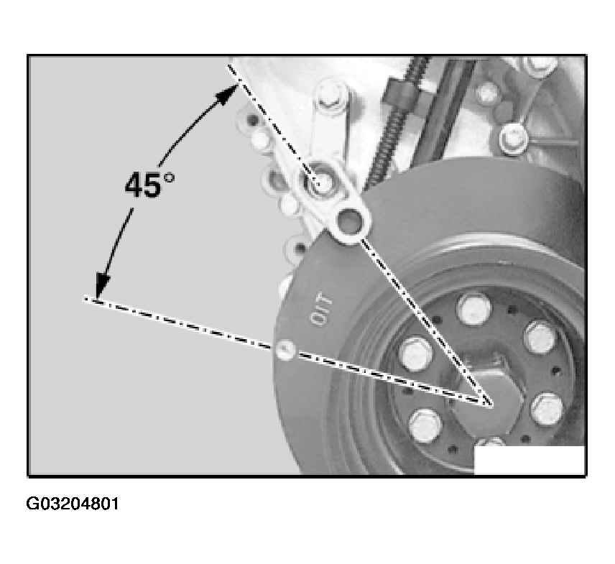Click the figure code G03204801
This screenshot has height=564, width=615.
coord(72,504)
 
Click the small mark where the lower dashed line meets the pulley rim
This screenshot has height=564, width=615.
coord(285,349)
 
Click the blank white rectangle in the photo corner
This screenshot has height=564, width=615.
coord(530,460)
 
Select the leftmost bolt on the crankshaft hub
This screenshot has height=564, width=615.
coord(416,353)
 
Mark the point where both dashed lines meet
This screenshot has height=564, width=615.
coord(489,403)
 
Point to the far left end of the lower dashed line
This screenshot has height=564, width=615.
coord(85,300)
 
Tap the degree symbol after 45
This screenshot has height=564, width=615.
coord(169,177)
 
